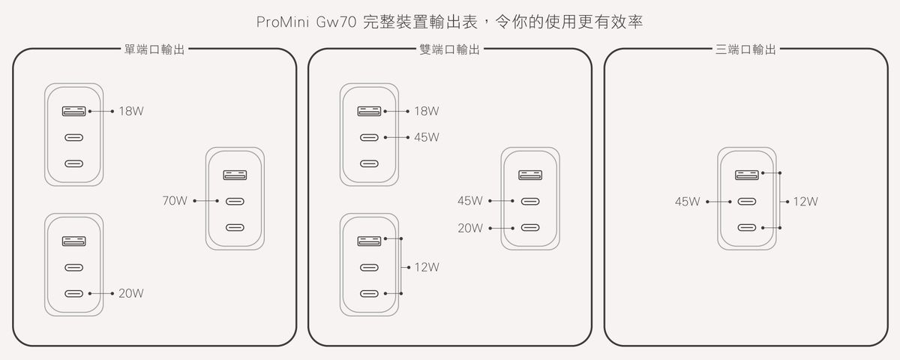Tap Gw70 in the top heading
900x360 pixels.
click(326, 22)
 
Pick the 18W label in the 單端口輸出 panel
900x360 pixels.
click(130, 111)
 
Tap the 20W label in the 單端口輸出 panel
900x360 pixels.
click(130, 292)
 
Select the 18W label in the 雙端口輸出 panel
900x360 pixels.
click(426, 111)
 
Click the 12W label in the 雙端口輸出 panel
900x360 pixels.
click(426, 266)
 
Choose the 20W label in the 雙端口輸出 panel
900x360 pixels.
click(470, 227)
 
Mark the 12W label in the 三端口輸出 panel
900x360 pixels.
click(805, 202)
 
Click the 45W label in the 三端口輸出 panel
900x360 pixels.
click(687, 202)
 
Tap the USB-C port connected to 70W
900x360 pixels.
click(235, 201)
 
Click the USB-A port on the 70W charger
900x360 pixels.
click(235, 175)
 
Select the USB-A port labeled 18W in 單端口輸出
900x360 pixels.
click(73, 111)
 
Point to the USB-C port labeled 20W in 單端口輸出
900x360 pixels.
click(73, 292)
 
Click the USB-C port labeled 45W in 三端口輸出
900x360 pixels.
click(746, 202)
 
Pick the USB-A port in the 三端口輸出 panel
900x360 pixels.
click(746, 175)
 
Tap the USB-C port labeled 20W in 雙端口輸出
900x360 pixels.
click(530, 227)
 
